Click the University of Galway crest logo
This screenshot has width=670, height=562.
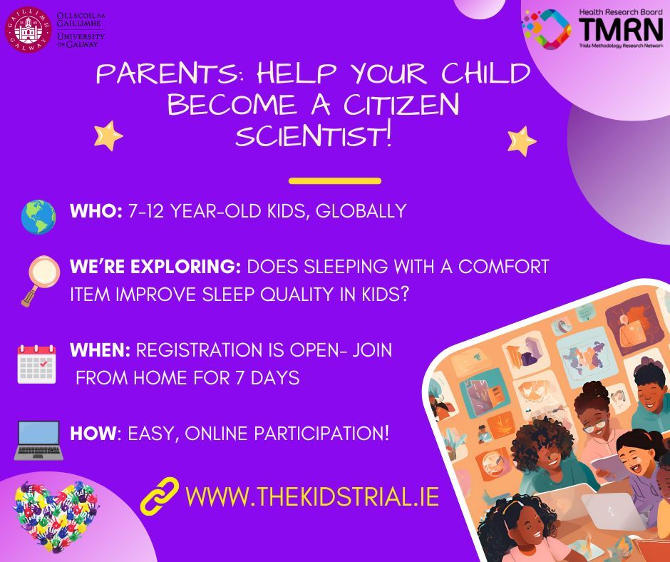tap(29, 28)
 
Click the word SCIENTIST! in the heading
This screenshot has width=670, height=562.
tap(314, 136)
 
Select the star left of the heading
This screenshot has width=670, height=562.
tap(108, 135)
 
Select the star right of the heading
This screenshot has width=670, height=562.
tap(522, 140)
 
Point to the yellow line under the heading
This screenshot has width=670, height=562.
tap(335, 181)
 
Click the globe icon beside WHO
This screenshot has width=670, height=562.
tap(38, 217)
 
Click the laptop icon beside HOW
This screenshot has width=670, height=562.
tap(38, 439)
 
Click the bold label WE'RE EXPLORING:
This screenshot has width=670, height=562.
tap(155, 267)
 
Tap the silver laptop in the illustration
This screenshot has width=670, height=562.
tap(612, 510)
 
